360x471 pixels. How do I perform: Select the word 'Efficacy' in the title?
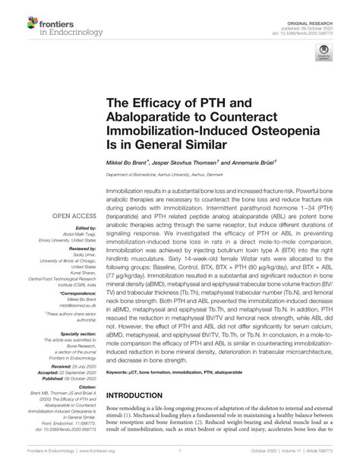pyautogui.click(x=155, y=102)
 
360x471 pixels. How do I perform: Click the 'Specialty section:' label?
pyautogui.click(x=77, y=333)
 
